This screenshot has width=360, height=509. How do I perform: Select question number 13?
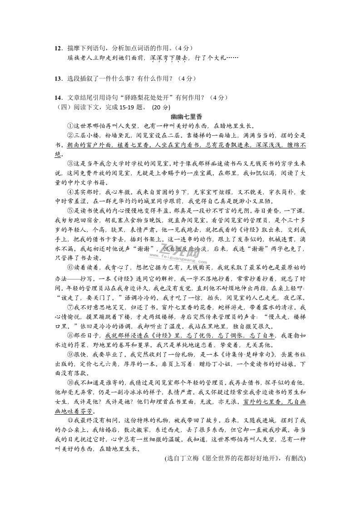pyautogui.click(x=58, y=78)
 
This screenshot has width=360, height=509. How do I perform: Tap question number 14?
pyautogui.click(x=58, y=98)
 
